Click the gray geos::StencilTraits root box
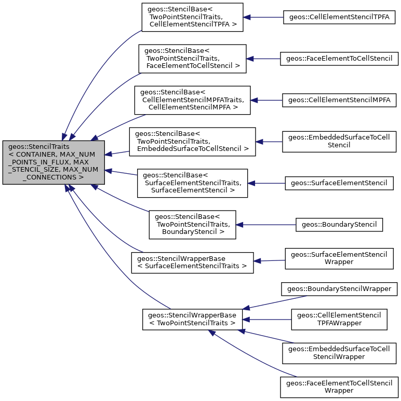(54, 162)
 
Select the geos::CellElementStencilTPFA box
(339, 17)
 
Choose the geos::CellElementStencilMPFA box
(339, 100)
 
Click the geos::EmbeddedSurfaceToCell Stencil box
(339, 141)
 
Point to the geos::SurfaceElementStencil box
(339, 183)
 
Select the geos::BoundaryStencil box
(339, 224)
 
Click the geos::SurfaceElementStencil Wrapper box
(339, 258)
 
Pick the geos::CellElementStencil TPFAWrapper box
(339, 319)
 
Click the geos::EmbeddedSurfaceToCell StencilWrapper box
(339, 352)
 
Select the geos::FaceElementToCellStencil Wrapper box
(339, 387)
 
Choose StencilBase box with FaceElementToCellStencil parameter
(192, 59)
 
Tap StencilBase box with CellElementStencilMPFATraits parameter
(192, 100)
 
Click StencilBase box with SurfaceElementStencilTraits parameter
(192, 183)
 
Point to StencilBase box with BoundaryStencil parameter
(192, 224)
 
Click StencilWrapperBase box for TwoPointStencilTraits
(192, 319)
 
